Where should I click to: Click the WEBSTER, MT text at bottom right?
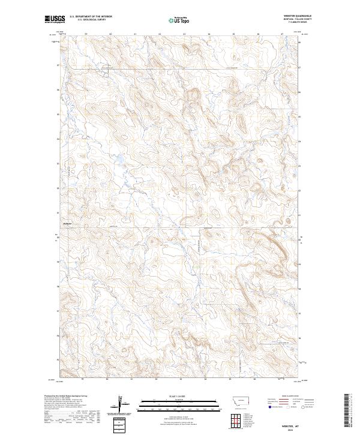tap(287, 418)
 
